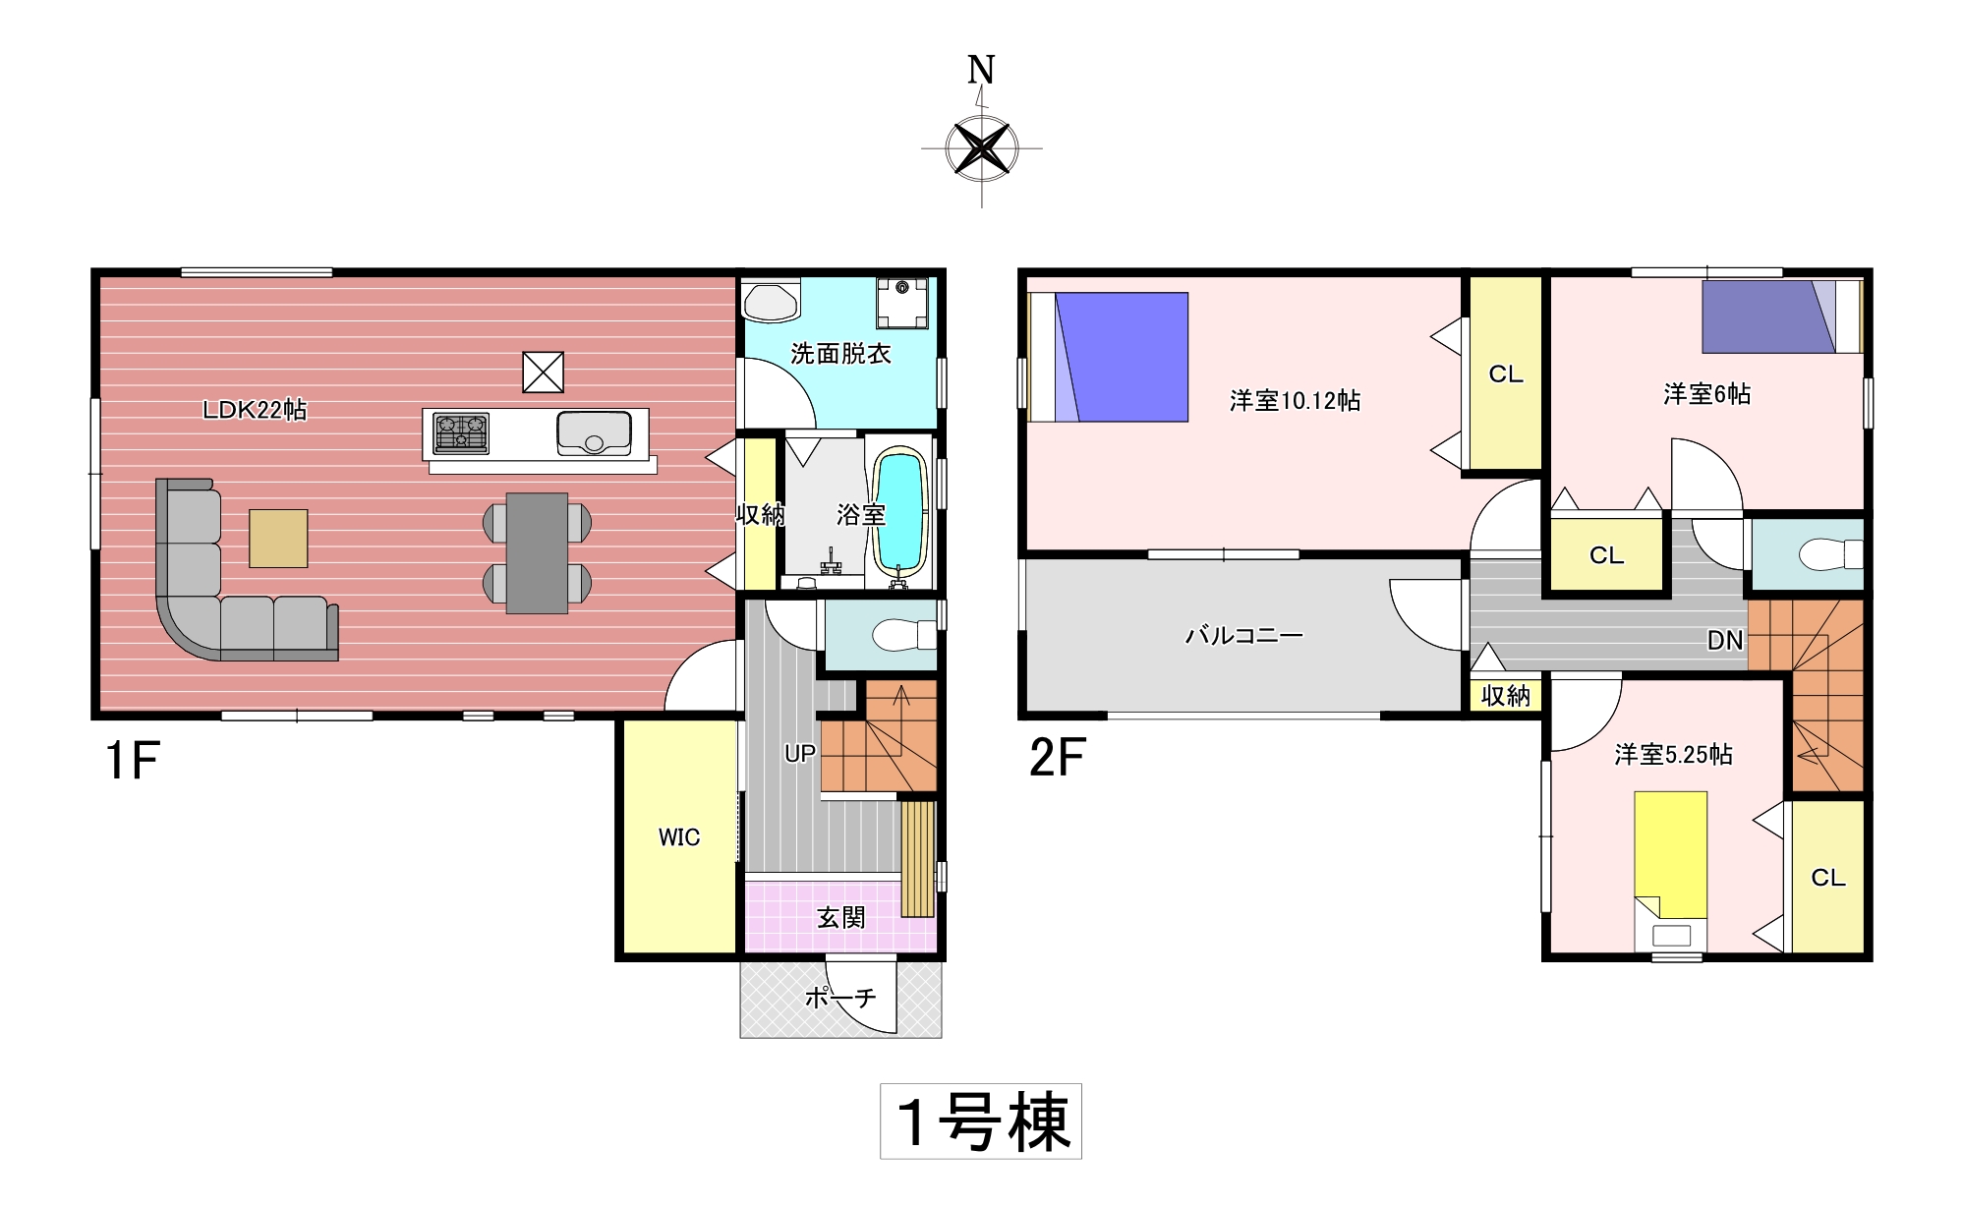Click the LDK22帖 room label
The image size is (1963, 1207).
click(255, 410)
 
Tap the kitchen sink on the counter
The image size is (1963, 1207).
click(594, 433)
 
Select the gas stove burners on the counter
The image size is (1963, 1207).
click(461, 433)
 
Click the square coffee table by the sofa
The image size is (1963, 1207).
click(278, 538)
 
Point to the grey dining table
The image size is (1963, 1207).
click(537, 553)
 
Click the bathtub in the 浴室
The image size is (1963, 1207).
click(900, 510)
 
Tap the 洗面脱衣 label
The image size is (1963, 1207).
click(840, 354)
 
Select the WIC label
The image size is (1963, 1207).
click(679, 837)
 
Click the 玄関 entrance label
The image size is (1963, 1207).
click(841, 917)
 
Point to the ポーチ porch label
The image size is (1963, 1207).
click(840, 998)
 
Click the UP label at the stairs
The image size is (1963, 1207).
click(799, 754)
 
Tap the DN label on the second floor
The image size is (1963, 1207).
click(1725, 641)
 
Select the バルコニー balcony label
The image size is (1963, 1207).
click(1244, 636)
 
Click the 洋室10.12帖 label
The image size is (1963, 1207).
click(1295, 401)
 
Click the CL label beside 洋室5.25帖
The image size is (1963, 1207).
click(1828, 878)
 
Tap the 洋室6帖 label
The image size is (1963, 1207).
click(1706, 394)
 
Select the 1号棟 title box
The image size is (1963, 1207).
click(981, 1121)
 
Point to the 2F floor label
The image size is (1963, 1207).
click(1057, 757)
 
